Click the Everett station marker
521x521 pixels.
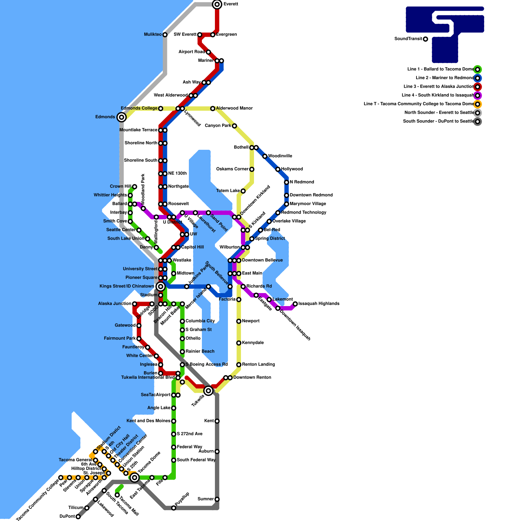[217, 4]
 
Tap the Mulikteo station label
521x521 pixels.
[153, 35]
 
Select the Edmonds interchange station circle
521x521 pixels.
[121, 117]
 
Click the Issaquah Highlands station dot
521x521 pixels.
[295, 304]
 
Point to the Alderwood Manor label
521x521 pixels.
[234, 108]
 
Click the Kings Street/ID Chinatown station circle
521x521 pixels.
[161, 287]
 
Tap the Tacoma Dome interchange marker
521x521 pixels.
[134, 478]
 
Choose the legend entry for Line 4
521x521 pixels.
[438, 95]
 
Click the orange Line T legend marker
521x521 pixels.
[477, 104]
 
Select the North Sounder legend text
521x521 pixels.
[439, 113]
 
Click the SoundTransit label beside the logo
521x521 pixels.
[408, 39]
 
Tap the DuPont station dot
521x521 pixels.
[78, 517]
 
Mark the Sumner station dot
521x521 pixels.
[217, 499]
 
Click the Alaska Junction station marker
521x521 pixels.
[134, 304]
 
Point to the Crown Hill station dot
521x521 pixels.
[134, 187]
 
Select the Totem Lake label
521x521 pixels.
[228, 191]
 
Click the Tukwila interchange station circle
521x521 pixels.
[208, 391]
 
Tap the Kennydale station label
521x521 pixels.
[253, 343]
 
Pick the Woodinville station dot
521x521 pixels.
[265, 156]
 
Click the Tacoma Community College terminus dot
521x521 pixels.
[61, 478]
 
